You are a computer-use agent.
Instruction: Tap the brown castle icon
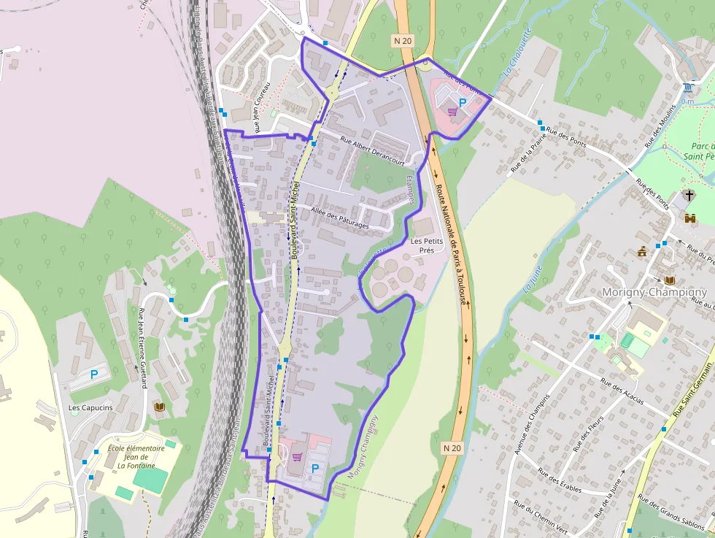pyautogui.click(x=690, y=217)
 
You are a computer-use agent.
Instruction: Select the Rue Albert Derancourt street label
pyautogui.click(x=372, y=151)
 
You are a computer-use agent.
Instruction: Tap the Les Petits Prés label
pyautogui.click(x=422, y=245)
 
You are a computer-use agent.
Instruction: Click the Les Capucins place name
pyautogui.click(x=90, y=407)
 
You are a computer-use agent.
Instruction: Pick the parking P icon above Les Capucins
pyautogui.click(x=94, y=374)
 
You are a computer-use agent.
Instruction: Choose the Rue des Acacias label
pyautogui.click(x=622, y=391)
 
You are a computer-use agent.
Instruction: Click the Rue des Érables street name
pyautogui.click(x=560, y=479)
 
